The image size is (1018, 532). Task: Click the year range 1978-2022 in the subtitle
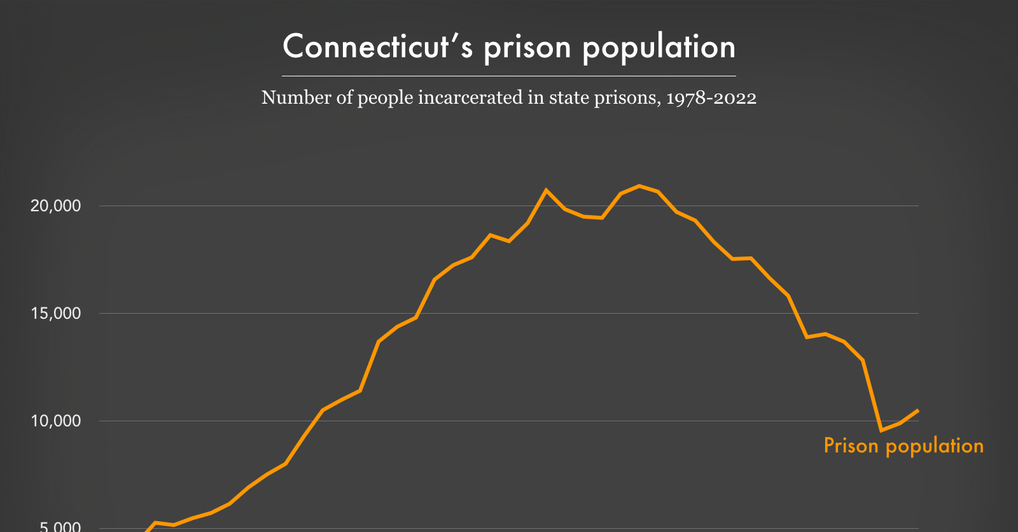tap(711, 98)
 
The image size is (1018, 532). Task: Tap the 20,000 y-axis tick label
tap(56, 206)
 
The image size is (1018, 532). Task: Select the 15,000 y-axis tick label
tap(56, 313)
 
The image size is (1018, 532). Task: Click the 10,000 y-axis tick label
tap(56, 421)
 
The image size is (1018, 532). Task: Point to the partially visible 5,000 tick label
tap(60, 527)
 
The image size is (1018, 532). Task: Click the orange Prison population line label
tap(903, 445)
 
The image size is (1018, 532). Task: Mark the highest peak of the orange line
tap(639, 186)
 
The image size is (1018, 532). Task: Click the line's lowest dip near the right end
tap(881, 430)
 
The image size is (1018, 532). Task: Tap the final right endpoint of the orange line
tap(917, 410)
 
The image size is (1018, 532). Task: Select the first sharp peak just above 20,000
tap(546, 190)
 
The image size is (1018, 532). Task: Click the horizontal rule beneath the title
tap(509, 76)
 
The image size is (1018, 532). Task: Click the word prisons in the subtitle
tap(627, 98)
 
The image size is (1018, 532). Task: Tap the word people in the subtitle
tap(386, 98)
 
